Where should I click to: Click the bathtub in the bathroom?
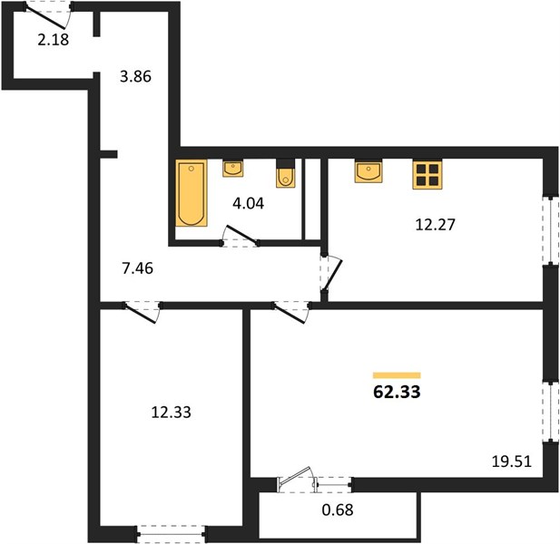pyautogui.click(x=192, y=192)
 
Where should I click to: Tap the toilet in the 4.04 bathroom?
pyautogui.click(x=285, y=173)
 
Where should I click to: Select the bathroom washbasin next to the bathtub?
pyautogui.click(x=233, y=168)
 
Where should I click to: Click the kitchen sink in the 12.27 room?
pyautogui.click(x=368, y=170)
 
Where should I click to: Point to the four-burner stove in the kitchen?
pyautogui.click(x=427, y=174)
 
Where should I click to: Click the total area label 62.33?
pyautogui.click(x=397, y=392)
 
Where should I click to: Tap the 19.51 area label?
pyautogui.click(x=512, y=461)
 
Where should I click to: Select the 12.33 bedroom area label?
pyautogui.click(x=171, y=412)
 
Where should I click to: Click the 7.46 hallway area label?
pyautogui.click(x=137, y=268)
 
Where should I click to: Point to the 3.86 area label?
pyautogui.click(x=136, y=76)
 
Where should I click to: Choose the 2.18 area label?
pyautogui.click(x=54, y=40)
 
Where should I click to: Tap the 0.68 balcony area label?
pyautogui.click(x=338, y=510)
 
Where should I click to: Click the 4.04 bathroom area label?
pyautogui.click(x=248, y=203)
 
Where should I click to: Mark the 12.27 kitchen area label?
pyautogui.click(x=436, y=225)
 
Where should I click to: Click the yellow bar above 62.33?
pyautogui.click(x=397, y=375)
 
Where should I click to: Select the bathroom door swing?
pyautogui.click(x=240, y=236)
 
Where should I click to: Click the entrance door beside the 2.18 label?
pyautogui.click(x=48, y=15)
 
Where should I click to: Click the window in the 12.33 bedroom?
pyautogui.click(x=171, y=534)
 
